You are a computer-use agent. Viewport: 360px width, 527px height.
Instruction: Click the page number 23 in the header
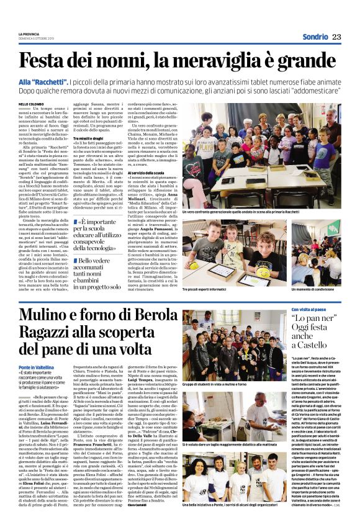(336, 37)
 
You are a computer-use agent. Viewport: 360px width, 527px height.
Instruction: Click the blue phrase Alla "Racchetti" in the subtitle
(42, 81)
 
